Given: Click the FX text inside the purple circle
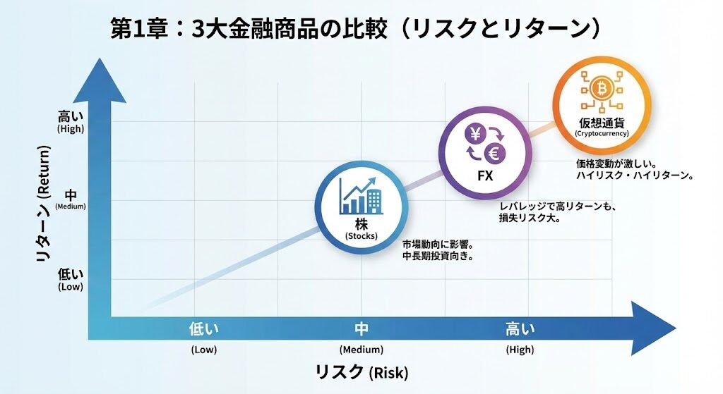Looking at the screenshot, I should point(484,176).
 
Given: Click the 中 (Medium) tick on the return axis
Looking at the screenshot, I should point(71,198).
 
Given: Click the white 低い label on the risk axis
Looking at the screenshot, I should point(204,329).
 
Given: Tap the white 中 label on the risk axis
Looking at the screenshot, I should point(361,329).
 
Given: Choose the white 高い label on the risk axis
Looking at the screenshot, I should point(520,329).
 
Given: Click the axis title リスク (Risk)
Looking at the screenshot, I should point(361,371).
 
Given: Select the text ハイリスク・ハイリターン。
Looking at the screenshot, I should point(633,175).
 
